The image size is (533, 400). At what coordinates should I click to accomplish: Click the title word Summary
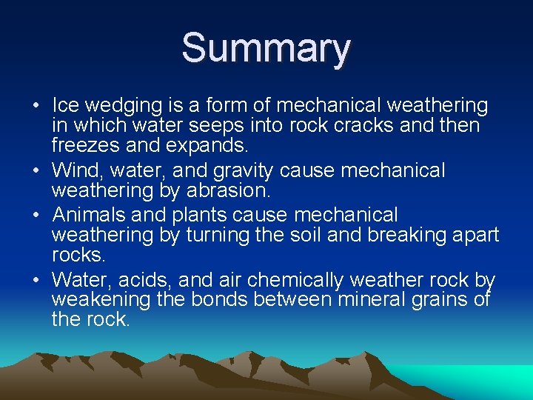(266, 48)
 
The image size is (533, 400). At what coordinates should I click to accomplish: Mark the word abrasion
(226, 191)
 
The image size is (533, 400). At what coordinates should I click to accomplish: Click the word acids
(145, 280)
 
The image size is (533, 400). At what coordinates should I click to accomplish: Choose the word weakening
(95, 300)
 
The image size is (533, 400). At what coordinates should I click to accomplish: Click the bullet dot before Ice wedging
(36, 105)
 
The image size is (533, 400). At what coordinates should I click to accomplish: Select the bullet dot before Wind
(36, 170)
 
